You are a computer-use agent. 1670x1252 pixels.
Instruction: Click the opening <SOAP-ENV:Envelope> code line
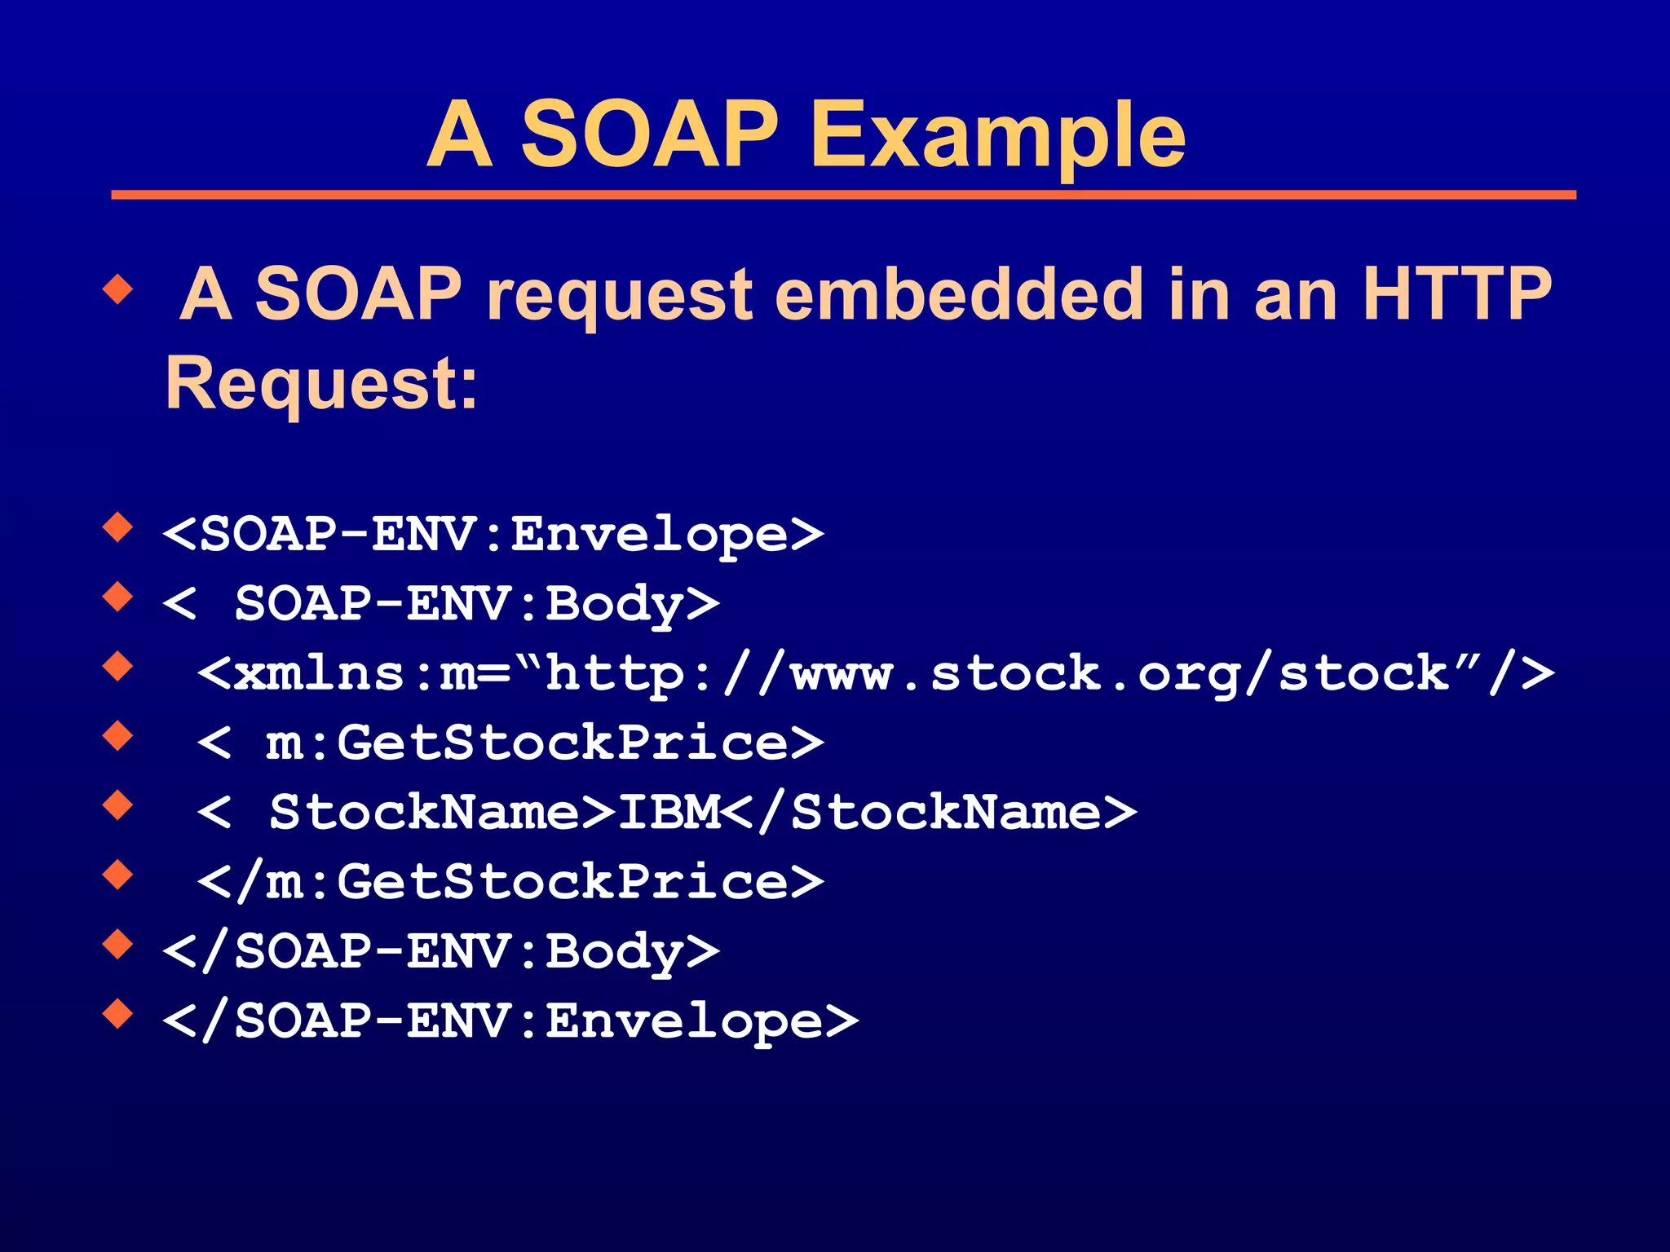coord(493,535)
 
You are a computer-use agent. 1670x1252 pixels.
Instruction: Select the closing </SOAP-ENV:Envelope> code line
coord(510,1021)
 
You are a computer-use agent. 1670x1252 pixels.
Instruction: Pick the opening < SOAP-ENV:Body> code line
coord(441,604)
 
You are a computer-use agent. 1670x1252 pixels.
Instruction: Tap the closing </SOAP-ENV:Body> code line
coord(441,951)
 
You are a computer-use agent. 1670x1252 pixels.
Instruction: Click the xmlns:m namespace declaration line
coord(875,674)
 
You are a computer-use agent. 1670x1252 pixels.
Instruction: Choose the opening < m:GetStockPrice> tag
coord(510,743)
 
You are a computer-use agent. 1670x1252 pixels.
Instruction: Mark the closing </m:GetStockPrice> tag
coord(510,882)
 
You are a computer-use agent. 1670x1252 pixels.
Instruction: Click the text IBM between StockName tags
coord(669,813)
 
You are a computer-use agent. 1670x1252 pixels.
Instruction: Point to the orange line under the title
coord(843,195)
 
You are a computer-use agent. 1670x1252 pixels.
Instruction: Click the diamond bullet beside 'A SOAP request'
coord(118,289)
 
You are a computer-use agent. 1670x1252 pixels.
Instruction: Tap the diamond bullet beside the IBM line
coord(118,805)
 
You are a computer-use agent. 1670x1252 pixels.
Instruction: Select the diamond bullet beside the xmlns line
coord(118,667)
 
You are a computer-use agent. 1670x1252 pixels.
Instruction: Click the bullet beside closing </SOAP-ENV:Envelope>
coord(118,1014)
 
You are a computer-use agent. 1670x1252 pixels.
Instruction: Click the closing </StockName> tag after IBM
coord(930,813)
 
